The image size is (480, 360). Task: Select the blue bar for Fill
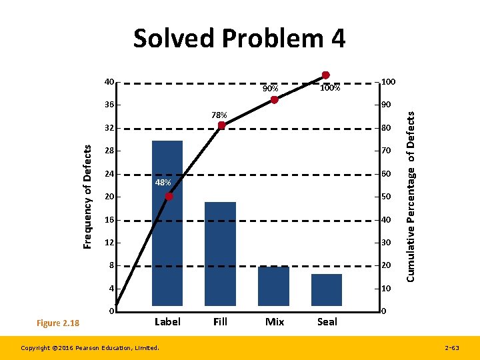click(220, 253)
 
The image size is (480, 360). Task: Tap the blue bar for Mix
click(273, 286)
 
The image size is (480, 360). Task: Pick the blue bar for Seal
click(327, 289)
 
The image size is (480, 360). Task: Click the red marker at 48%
click(169, 197)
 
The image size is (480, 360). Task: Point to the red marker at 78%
click(222, 125)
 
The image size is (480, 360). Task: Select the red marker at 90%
click(274, 100)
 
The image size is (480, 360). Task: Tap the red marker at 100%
click(325, 75)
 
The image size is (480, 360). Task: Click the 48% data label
click(163, 183)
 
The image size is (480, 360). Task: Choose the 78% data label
click(219, 115)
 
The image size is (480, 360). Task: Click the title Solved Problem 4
click(239, 39)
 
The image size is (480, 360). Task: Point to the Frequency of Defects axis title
click(87, 197)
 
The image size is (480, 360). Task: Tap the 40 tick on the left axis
click(109, 82)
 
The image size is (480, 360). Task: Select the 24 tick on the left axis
click(109, 174)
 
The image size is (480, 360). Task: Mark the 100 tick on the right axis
click(388, 82)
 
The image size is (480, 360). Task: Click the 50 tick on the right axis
click(386, 197)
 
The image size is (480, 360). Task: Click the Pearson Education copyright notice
click(90, 347)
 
